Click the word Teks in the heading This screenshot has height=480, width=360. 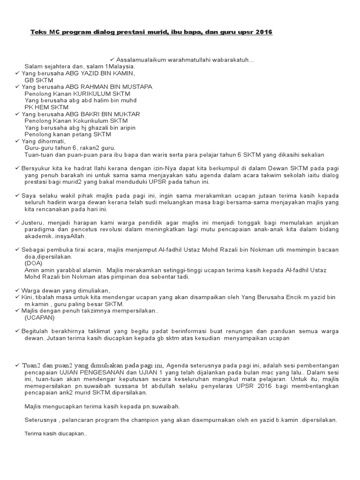38,32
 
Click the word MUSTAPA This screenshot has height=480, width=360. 135,87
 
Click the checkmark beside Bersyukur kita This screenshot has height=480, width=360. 17,168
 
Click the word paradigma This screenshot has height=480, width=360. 39,229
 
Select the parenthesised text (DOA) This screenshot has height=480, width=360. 33,263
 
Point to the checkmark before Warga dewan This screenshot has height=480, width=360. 17,290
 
